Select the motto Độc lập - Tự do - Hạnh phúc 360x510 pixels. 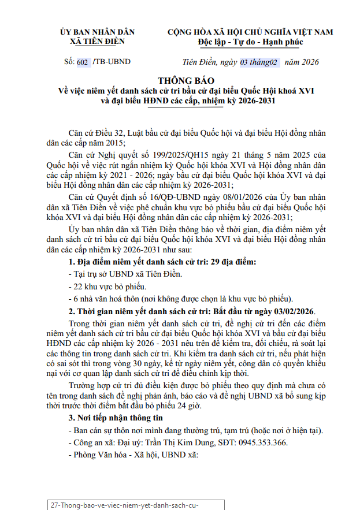pos(250,42)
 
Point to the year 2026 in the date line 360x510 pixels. pos(308,62)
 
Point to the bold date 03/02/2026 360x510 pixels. pos(288,311)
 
